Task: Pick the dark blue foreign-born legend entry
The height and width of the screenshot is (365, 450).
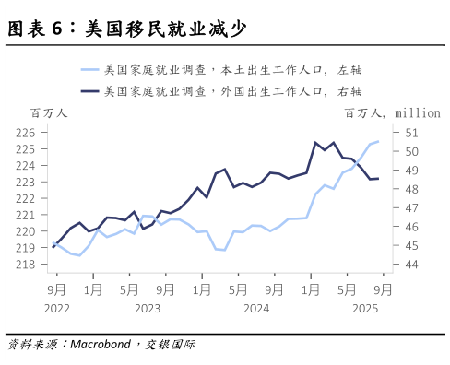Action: pyautogui.click(x=221, y=90)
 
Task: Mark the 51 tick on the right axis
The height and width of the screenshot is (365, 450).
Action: pyautogui.click(x=412, y=133)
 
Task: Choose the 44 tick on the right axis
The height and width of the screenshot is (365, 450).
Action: pyautogui.click(x=412, y=265)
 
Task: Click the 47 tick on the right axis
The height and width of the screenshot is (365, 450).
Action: pyautogui.click(x=412, y=208)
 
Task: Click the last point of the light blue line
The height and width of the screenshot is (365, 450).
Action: pyautogui.click(x=378, y=141)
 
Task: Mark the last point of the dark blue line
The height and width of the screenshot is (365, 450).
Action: pyautogui.click(x=378, y=179)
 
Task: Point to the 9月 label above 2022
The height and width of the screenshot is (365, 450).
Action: pyautogui.click(x=56, y=288)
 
